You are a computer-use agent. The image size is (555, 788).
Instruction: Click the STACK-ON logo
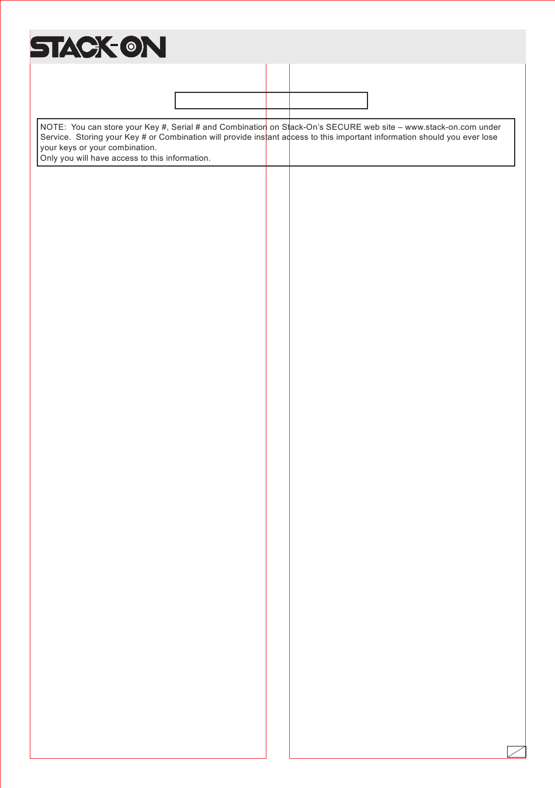pos(98,47)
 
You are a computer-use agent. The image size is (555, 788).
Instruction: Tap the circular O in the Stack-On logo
pos(131,48)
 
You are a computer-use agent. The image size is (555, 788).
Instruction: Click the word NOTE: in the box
pos(53,127)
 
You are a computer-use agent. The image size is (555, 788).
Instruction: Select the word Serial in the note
pos(182,127)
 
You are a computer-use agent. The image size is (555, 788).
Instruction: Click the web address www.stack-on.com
pos(440,127)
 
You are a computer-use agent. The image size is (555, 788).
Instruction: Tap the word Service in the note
pos(54,137)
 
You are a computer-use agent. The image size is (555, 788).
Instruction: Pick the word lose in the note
pos(490,137)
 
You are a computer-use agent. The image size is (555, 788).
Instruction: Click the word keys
pos(68,148)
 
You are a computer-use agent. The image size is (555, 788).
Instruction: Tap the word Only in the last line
pos(48,158)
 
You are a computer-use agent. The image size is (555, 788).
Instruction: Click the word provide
pos(237,137)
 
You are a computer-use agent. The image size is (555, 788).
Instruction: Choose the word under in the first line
pos(490,127)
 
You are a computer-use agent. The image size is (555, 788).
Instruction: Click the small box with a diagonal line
pos(516,752)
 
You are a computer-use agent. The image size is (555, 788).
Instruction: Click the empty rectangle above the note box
pos(271,101)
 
